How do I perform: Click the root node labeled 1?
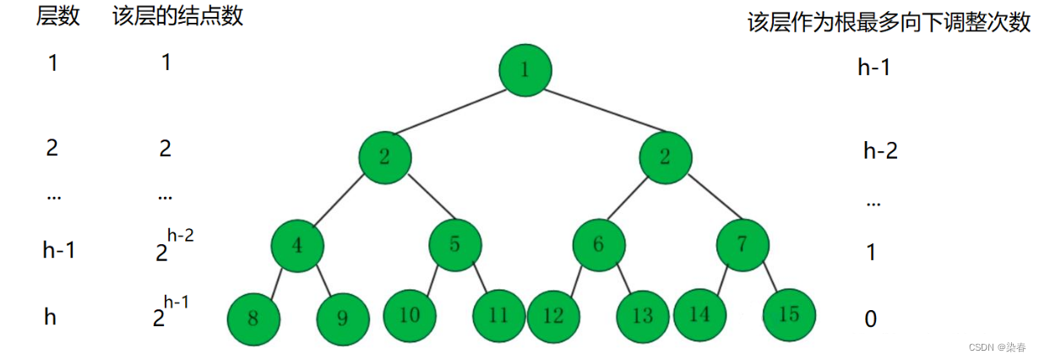coord(525,69)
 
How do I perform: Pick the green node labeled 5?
coord(455,245)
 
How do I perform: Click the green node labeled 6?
coord(599,245)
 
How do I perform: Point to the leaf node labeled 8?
coord(253,319)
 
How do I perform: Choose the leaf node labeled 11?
coord(498,315)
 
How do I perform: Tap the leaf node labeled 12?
coord(553,316)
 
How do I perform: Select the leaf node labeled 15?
coord(789,315)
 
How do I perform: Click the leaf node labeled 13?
coord(643,316)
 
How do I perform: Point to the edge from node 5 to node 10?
coord(434,279)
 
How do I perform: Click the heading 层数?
coord(57,18)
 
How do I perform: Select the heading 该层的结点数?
coord(177,18)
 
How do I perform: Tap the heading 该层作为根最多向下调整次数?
coord(889,23)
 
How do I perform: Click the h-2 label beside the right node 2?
coord(880,151)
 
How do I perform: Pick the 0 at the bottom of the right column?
coord(870,319)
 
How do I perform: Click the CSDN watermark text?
coord(996,346)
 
